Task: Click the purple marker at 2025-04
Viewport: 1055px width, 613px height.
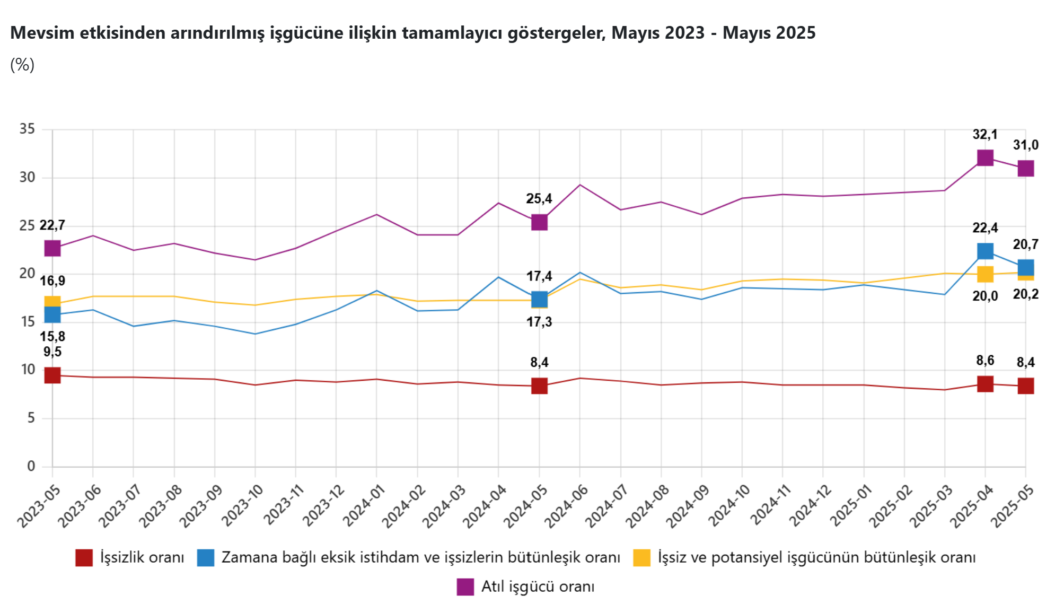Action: coord(984,157)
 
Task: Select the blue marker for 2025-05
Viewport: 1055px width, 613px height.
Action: coord(1025,267)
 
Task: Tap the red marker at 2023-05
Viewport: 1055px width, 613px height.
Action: coord(52,375)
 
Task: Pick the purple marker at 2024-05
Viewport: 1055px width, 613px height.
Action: coord(539,222)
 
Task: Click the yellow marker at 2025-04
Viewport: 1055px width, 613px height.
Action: coord(984,274)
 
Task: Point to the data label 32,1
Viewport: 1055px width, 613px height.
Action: coord(984,135)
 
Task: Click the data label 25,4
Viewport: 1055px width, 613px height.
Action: coord(539,199)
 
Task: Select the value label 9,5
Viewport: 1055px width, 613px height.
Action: coord(52,352)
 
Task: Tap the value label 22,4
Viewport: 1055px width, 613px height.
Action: coord(984,228)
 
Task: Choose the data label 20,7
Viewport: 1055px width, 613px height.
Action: coord(1025,244)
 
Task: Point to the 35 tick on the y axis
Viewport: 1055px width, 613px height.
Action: coord(28,129)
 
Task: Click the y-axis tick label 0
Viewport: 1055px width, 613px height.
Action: coord(31,466)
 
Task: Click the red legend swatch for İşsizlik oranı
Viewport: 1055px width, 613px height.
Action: coord(84,558)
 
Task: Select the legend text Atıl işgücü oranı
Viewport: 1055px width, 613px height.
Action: coord(538,586)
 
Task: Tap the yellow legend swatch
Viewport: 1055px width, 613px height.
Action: coord(641,558)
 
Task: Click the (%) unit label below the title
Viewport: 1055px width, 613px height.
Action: coord(22,65)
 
